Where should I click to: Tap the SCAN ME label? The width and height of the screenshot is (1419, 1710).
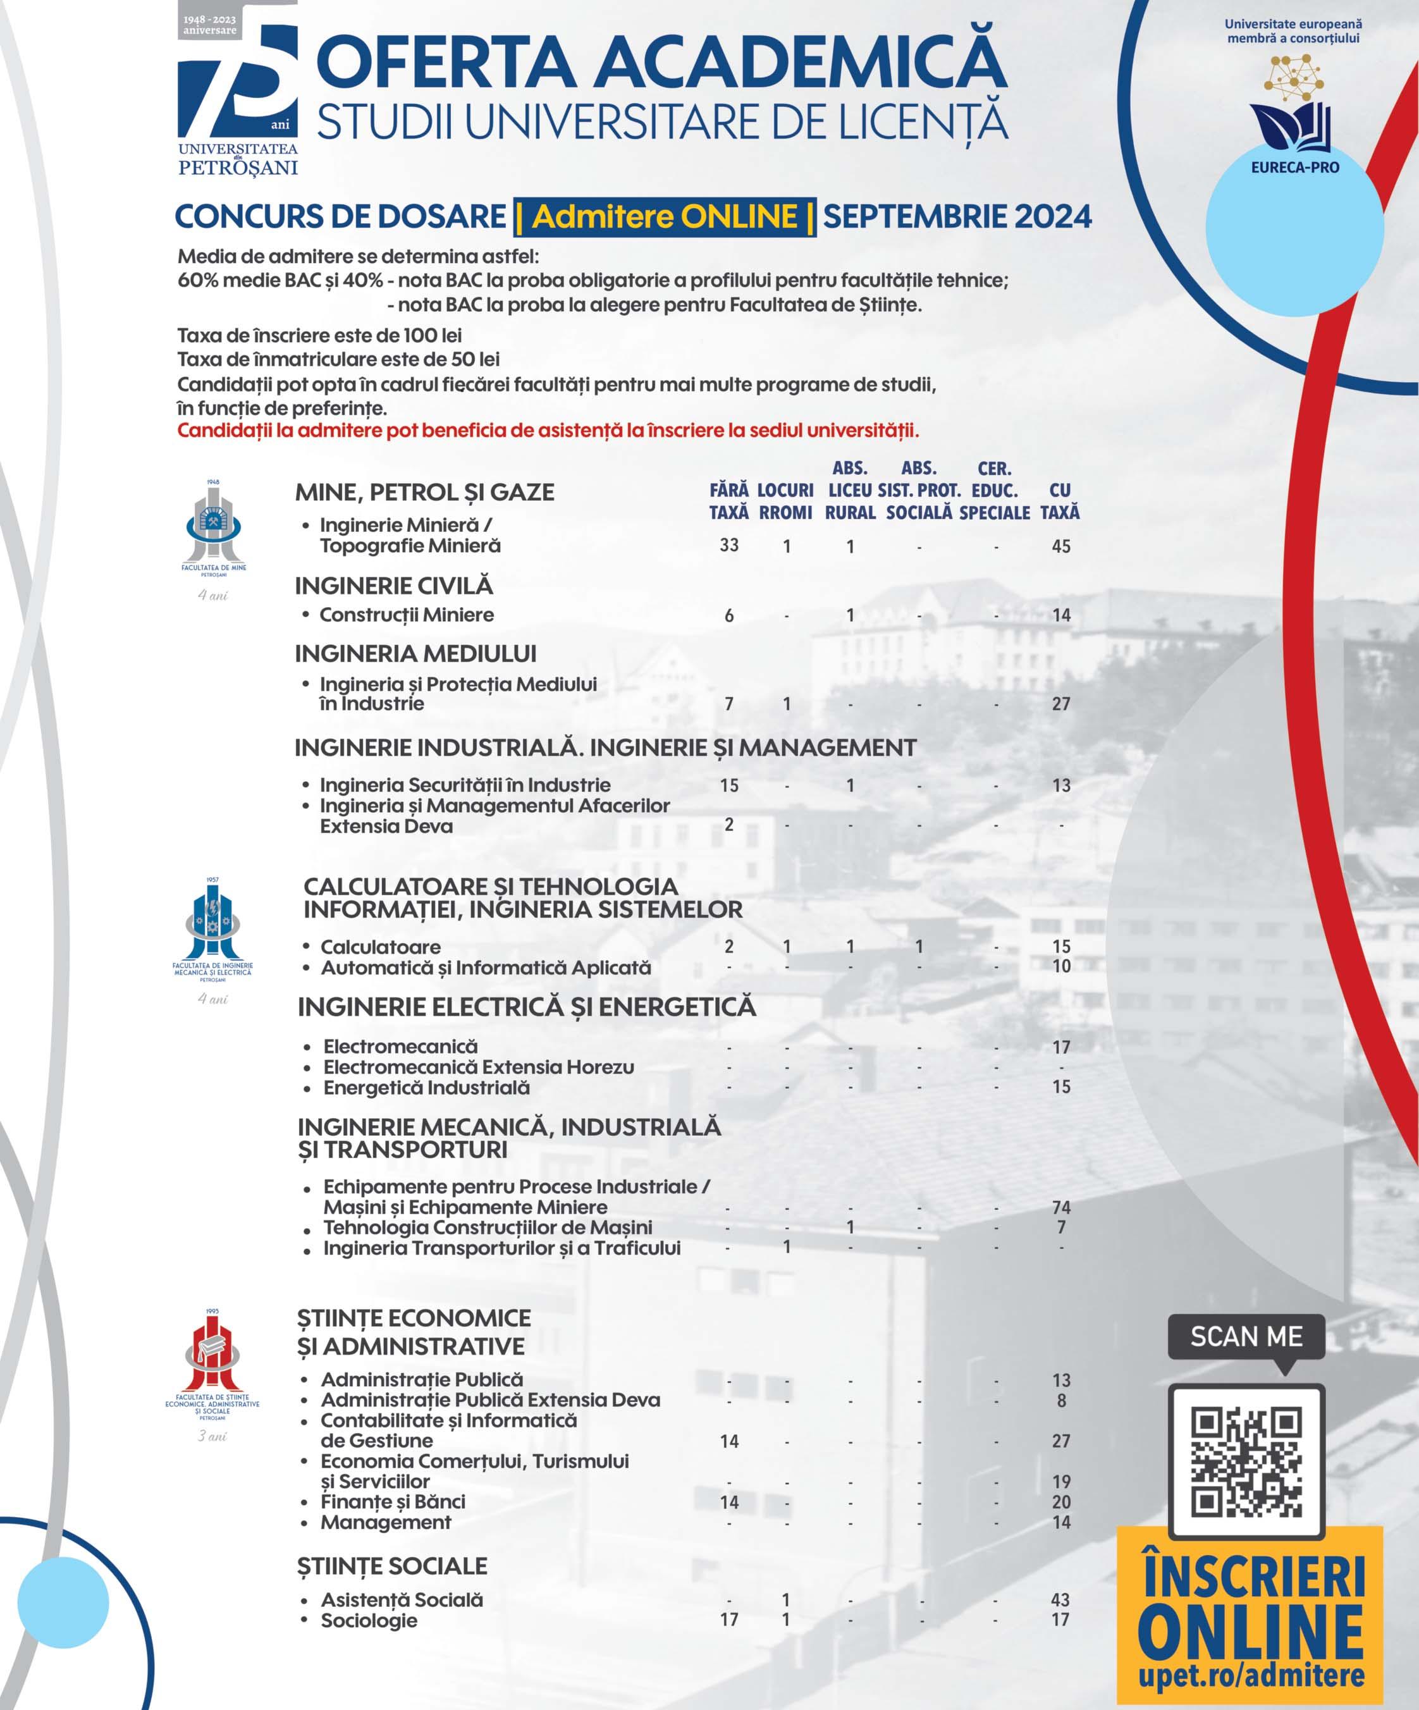[1246, 1336]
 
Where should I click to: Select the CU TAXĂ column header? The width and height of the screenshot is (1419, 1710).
[1060, 501]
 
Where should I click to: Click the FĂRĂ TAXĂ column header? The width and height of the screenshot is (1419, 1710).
[728, 501]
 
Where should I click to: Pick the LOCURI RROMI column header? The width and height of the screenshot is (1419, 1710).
[785, 501]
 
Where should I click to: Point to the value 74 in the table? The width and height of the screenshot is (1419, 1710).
[1061, 1207]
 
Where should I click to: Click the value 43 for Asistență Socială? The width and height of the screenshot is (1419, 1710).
[1060, 1599]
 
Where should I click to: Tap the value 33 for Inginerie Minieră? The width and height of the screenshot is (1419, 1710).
[728, 544]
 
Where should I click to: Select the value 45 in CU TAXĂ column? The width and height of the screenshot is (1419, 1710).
[1061, 546]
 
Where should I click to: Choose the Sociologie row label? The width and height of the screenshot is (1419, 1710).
[369, 1620]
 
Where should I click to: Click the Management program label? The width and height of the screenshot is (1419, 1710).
[386, 1522]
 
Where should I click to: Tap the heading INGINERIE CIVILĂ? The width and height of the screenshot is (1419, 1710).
[394, 586]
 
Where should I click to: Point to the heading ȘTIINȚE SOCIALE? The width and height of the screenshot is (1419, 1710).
[391, 1565]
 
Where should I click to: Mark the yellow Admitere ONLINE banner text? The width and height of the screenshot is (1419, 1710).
[665, 217]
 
